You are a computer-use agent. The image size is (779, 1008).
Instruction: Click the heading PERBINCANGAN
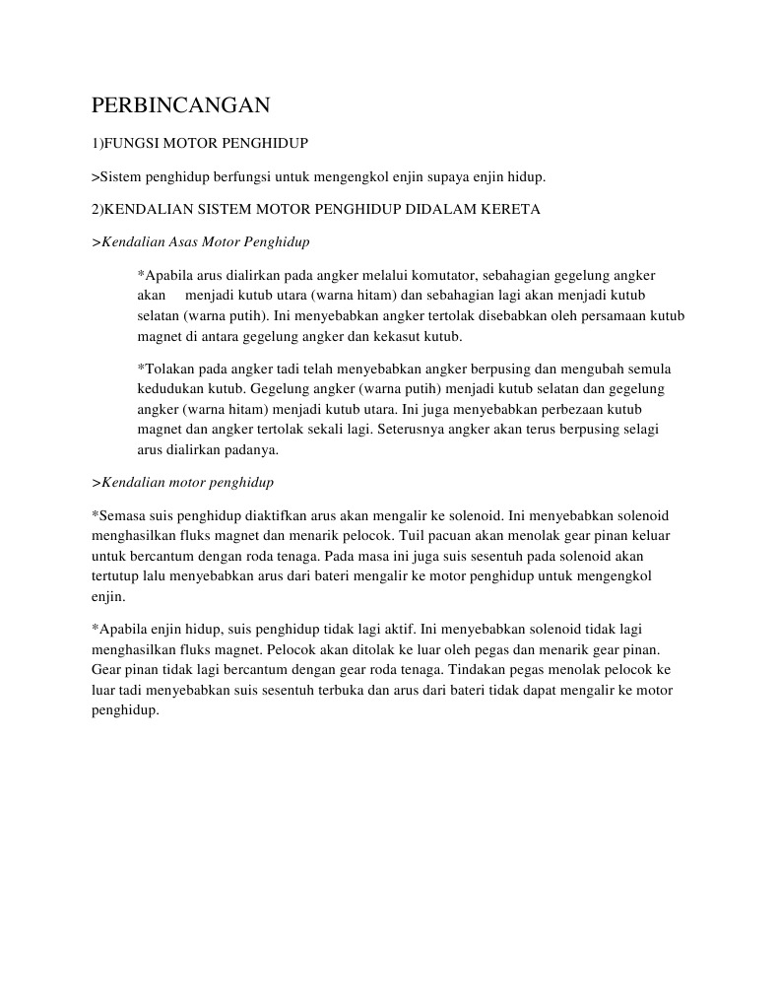[180, 105]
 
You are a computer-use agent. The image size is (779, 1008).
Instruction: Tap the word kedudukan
[169, 389]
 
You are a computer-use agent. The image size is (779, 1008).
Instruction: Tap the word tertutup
[114, 575]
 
